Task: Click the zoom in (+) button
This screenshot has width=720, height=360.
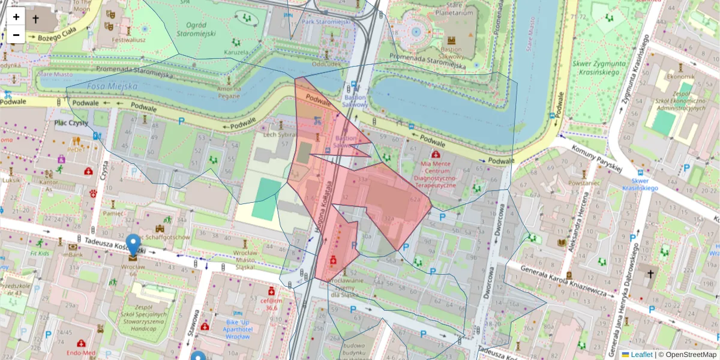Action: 16,17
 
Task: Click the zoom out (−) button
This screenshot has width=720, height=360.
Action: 16,35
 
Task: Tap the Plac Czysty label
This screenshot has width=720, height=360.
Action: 71,123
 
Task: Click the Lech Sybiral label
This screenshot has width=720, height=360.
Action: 280,136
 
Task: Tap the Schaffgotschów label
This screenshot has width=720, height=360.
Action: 167,237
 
